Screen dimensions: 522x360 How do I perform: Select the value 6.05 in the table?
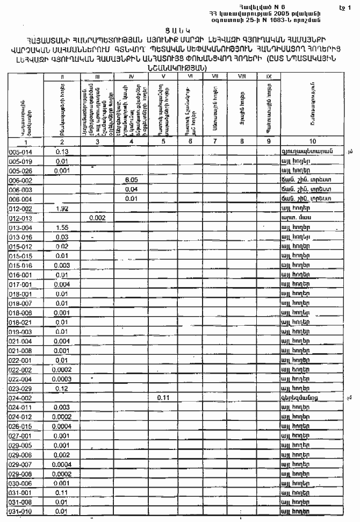tap(131, 180)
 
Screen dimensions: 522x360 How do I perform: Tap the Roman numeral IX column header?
tap(268, 77)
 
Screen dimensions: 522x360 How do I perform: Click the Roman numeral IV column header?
tap(131, 77)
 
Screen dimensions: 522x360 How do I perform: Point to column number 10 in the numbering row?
tap(312, 142)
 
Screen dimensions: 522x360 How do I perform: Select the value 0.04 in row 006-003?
tap(131, 189)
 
